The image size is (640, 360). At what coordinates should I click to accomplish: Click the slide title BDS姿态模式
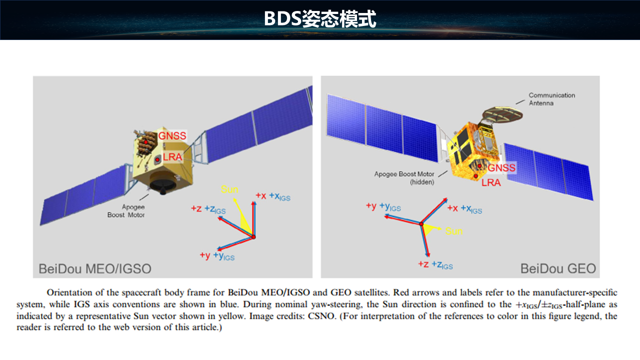pos(320,19)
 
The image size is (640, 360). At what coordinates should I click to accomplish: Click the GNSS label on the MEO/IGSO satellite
pos(172,135)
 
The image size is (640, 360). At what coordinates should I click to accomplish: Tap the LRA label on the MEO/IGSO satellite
pos(172,157)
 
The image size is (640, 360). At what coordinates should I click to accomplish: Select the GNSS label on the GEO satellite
pos(501,167)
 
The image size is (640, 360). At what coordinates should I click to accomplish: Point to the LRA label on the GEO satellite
pos(491,182)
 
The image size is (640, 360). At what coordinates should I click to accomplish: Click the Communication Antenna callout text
pos(551,99)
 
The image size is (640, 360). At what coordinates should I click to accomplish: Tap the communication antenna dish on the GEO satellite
pos(502,114)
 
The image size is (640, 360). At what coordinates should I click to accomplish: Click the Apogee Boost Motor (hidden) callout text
pos(404,177)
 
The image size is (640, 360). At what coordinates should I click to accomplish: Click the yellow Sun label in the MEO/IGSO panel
pos(229,189)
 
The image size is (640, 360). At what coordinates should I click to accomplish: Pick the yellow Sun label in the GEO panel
pos(453,231)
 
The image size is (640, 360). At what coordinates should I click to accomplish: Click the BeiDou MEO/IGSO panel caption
pos(95,269)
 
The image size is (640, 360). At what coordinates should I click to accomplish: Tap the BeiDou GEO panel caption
pos(558,268)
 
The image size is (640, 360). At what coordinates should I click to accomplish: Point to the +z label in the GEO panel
pos(423,264)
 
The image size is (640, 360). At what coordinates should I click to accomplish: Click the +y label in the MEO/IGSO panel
pos(205,255)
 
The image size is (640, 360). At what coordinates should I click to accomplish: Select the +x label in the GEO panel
pos(452,208)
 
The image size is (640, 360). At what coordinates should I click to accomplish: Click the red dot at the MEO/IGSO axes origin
pos(253,237)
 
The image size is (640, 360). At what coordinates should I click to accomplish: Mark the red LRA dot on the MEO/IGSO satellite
pos(157,159)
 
